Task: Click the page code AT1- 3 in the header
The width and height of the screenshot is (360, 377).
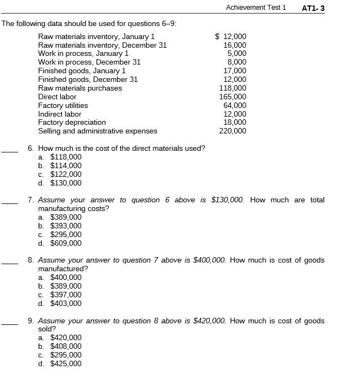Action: [313, 8]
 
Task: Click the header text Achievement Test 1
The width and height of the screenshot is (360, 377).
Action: [255, 8]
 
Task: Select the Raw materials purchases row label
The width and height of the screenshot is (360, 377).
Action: [80, 88]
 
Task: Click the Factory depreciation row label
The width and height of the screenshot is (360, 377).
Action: [72, 122]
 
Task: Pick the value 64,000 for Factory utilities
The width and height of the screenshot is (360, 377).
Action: [235, 105]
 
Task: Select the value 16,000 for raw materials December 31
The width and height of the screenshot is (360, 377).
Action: [235, 45]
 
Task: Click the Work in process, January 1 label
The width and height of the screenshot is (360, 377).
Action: [83, 54]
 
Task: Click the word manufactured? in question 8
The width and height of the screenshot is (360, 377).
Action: [63, 269]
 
